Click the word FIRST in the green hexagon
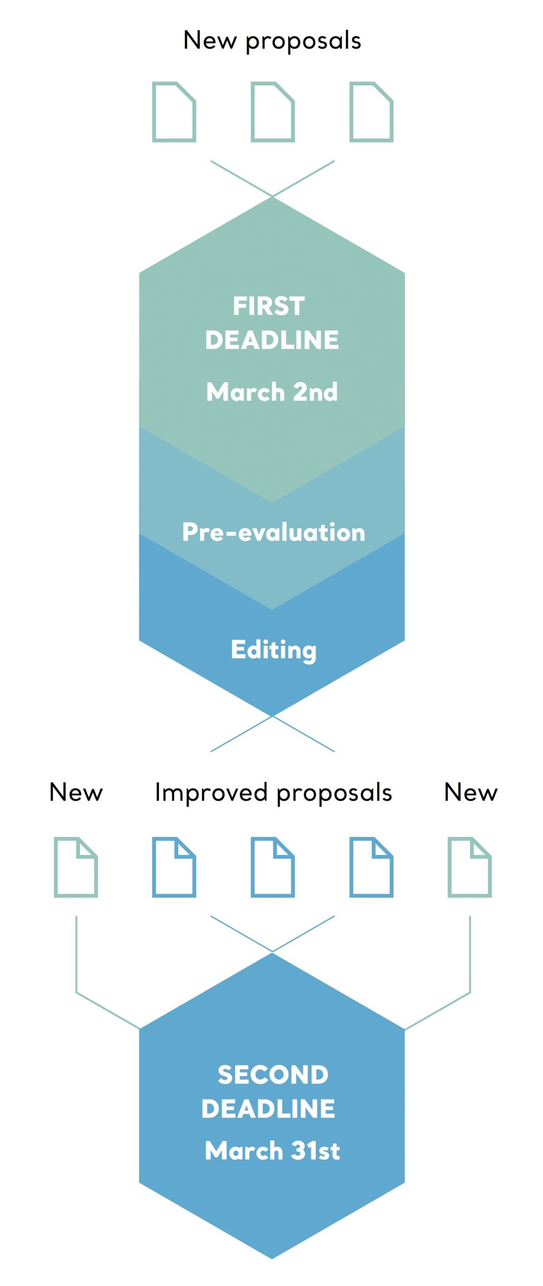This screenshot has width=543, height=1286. (x=269, y=306)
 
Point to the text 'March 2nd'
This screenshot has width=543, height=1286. (x=272, y=392)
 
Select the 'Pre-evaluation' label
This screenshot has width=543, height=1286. (x=273, y=532)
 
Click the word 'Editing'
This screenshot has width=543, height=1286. (x=274, y=650)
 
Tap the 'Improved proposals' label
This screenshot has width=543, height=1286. (x=273, y=793)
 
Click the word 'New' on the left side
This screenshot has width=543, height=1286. (x=76, y=792)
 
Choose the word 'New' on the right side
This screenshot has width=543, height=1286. (x=471, y=792)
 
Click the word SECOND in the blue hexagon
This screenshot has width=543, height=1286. (x=273, y=1075)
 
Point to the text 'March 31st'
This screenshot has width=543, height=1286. (x=272, y=1150)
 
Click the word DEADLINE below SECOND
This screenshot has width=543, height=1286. (x=268, y=1109)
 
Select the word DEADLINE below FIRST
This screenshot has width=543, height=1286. (x=272, y=340)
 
